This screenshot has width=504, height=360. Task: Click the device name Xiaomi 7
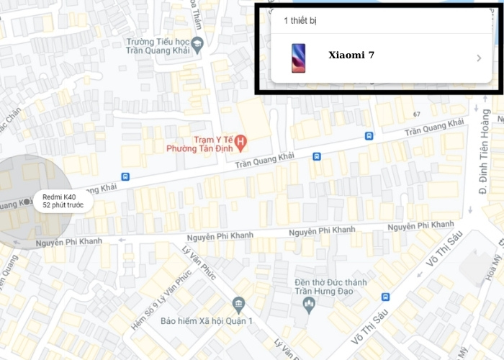click(x=351, y=55)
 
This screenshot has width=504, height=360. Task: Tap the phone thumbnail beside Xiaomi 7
click(x=297, y=58)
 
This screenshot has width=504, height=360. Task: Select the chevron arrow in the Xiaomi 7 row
click(x=479, y=58)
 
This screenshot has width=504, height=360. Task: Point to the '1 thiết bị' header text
click(x=300, y=20)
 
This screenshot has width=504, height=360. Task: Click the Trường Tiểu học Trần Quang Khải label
click(x=158, y=46)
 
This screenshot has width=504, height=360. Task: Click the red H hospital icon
click(x=241, y=140)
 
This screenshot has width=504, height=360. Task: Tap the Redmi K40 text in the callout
click(x=59, y=197)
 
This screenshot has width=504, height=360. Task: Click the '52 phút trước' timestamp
click(x=63, y=206)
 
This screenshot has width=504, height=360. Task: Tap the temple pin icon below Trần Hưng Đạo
click(x=310, y=305)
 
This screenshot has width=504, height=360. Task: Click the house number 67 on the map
click(x=417, y=114)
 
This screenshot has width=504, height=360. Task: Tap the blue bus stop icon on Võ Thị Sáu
click(x=385, y=297)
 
